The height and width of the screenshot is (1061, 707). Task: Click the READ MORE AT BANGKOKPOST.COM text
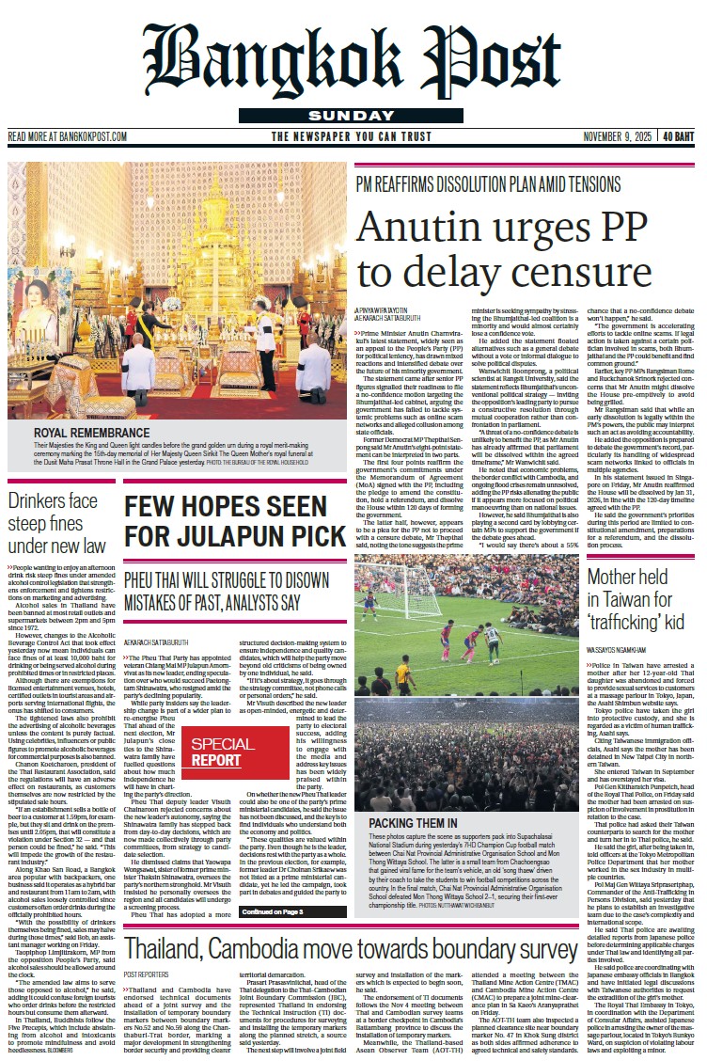(x=68, y=136)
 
